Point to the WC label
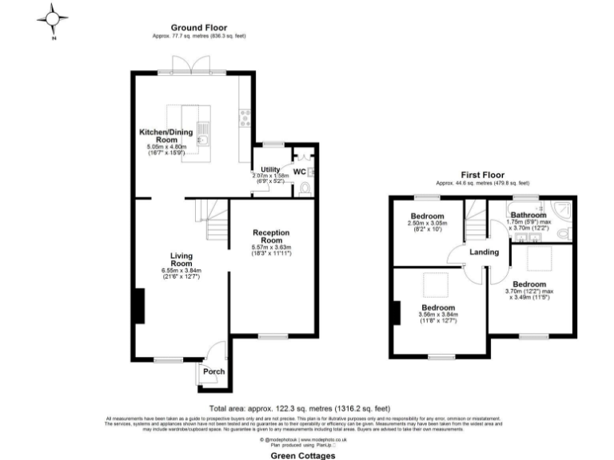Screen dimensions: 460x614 point(298,171)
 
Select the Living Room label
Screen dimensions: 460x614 point(181,260)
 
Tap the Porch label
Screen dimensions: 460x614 point(213,372)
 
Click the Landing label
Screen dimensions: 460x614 point(484,252)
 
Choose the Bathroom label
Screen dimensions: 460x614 point(528,216)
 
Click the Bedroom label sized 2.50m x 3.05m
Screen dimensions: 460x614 point(427,216)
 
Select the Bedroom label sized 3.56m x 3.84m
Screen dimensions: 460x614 point(438,308)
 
